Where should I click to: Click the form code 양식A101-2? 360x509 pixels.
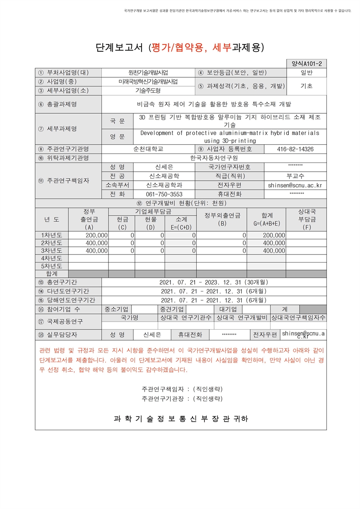point(307,64)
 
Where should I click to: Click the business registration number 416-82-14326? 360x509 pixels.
point(295,149)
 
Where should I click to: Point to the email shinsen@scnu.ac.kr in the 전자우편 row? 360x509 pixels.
point(295,185)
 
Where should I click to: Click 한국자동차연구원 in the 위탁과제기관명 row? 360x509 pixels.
point(214,158)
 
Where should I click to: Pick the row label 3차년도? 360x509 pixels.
point(51,251)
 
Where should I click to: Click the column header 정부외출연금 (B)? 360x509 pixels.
point(222,219)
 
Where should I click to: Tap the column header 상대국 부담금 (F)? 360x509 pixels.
point(307,219)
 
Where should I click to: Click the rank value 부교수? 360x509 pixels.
point(295,176)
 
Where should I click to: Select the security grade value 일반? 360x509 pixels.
point(306,73)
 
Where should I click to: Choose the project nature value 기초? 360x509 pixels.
point(306,86)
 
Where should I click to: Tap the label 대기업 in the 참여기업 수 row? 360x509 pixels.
point(228,309)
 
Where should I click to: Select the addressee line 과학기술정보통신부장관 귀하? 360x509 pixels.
point(181,419)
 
